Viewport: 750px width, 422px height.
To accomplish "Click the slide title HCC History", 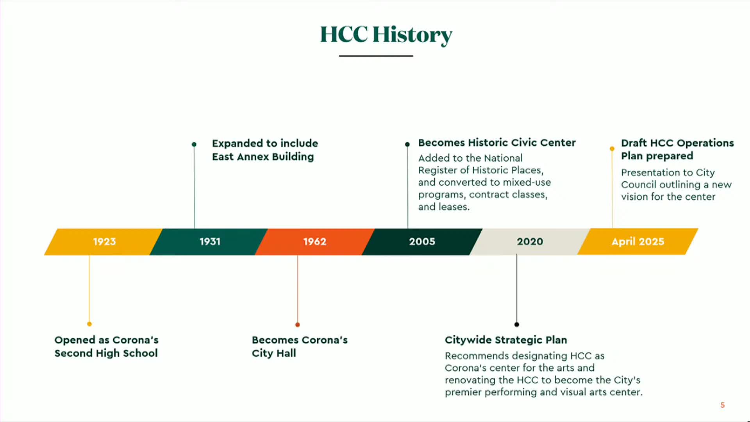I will click(x=386, y=34).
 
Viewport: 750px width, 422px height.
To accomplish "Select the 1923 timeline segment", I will click(x=104, y=241).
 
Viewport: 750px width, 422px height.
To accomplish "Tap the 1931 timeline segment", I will click(x=210, y=241).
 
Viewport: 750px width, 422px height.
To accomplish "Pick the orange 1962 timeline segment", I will click(x=314, y=241).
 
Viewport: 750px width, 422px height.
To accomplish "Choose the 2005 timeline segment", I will click(x=422, y=241).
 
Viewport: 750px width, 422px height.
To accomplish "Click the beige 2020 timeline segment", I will click(x=530, y=241).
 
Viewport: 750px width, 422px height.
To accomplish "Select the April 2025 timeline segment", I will click(x=637, y=241).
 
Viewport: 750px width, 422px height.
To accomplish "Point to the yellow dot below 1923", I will click(x=89, y=324).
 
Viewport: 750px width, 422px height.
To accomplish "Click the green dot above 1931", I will click(x=194, y=144).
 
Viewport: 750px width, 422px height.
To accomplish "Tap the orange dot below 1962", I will click(x=298, y=325).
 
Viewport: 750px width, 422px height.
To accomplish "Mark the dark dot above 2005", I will click(x=407, y=144).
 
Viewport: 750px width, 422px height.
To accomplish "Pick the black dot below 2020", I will click(x=517, y=324).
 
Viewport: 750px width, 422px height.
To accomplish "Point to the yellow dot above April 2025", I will click(x=612, y=148).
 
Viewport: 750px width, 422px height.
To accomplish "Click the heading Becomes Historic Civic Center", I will click(x=497, y=143).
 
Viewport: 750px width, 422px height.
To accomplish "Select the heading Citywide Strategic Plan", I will click(x=506, y=340).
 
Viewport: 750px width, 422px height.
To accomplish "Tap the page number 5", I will click(x=723, y=405).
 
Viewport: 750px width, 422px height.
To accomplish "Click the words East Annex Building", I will click(x=263, y=157).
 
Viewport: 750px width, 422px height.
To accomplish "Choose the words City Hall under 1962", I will click(x=274, y=353).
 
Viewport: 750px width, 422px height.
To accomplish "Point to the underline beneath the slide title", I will click(x=376, y=56).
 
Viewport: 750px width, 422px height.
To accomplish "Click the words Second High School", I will click(x=106, y=353).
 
